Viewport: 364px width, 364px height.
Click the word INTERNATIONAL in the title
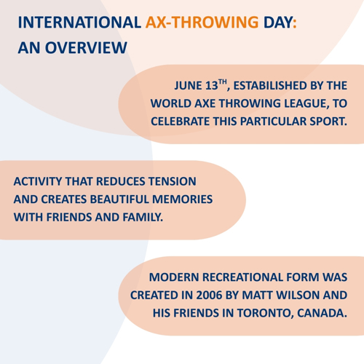pyautogui.click(x=79, y=23)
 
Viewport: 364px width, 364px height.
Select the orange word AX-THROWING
pyautogui.click(x=202, y=23)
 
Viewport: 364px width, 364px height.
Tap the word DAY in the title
pyautogui.click(x=278, y=23)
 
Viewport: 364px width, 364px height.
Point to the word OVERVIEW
pyautogui.click(x=86, y=47)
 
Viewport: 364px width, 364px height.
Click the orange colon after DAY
pyautogui.click(x=294, y=23)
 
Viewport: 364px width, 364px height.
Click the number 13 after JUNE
pyautogui.click(x=212, y=86)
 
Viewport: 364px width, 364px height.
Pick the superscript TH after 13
pyautogui.click(x=222, y=82)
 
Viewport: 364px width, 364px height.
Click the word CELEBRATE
pyautogui.click(x=180, y=122)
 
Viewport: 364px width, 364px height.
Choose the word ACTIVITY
pyautogui.click(x=38, y=181)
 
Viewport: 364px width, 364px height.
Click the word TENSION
pyautogui.click(x=173, y=181)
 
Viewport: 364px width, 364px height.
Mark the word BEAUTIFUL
pyautogui.click(x=119, y=199)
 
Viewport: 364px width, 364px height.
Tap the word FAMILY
pyautogui.click(x=143, y=217)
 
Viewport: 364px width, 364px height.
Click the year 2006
pyautogui.click(x=209, y=296)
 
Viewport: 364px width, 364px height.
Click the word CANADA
pyautogui.click(x=322, y=313)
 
